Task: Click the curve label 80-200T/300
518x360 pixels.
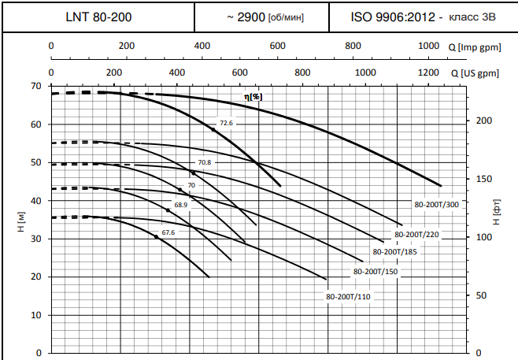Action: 436,204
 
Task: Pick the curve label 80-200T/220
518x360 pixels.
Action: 416,235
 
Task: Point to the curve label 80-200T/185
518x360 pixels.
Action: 394,252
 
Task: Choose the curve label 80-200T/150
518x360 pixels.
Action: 376,272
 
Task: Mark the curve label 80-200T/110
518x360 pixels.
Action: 348,297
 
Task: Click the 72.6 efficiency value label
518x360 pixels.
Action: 227,124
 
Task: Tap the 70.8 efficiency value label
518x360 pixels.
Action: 205,162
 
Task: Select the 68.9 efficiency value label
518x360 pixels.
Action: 181,205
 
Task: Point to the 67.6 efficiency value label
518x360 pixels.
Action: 168,233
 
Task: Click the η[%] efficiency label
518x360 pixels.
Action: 253,96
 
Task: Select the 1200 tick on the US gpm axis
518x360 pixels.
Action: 428,72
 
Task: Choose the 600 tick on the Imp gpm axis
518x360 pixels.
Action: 276,46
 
